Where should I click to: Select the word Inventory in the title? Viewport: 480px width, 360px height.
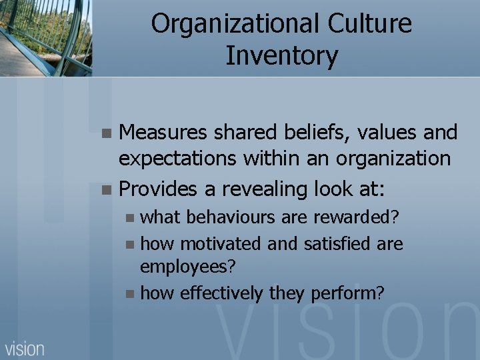pos(281,55)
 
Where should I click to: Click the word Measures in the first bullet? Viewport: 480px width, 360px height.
pos(162,133)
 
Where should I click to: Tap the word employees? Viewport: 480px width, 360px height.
pos(187,267)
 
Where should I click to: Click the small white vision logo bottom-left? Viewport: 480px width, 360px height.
pos(25,348)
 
